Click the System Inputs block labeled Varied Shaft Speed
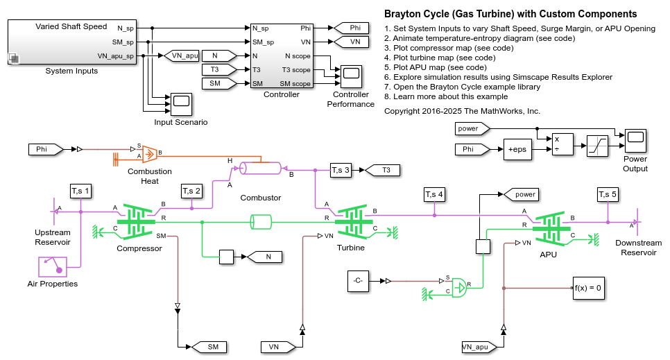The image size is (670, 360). point(72,42)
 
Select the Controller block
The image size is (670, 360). point(282,55)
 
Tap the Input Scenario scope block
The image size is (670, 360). point(181,104)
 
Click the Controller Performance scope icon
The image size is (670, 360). point(351,76)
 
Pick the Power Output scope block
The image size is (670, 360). point(635,140)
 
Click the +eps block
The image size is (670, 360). point(517,149)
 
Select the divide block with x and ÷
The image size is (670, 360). point(562,144)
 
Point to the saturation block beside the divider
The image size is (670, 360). point(597,146)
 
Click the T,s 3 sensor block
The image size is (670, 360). point(341,170)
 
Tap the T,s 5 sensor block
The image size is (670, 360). point(608,194)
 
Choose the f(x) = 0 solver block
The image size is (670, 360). point(588,288)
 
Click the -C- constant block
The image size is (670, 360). point(358,281)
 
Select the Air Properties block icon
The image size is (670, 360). point(53,267)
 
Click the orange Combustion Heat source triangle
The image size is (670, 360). point(150,154)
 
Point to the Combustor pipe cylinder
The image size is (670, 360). point(260,168)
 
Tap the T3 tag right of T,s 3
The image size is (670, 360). point(383,170)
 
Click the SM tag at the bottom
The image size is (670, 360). point(209,348)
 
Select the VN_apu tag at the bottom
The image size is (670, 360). point(479,348)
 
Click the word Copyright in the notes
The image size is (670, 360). point(402,111)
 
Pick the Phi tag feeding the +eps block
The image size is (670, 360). point(472,149)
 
